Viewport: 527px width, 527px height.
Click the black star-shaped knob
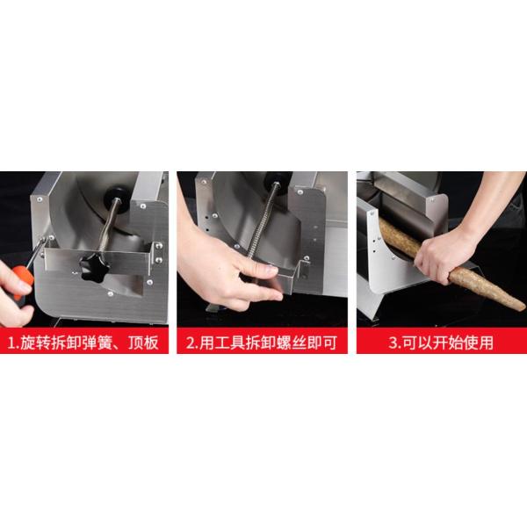[95, 268]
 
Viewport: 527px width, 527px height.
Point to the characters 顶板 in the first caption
[143, 343]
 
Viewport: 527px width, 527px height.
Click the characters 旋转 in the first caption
[35, 343]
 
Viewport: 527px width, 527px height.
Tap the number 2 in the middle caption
[191, 343]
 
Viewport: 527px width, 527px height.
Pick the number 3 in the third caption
[393, 343]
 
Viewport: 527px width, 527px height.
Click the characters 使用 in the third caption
[478, 343]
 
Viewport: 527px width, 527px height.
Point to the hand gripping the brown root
[444, 256]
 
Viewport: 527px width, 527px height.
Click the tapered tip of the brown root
[522, 307]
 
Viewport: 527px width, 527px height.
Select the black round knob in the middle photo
[278, 179]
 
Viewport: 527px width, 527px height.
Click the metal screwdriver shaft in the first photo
[36, 252]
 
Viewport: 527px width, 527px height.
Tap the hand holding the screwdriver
[15, 296]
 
